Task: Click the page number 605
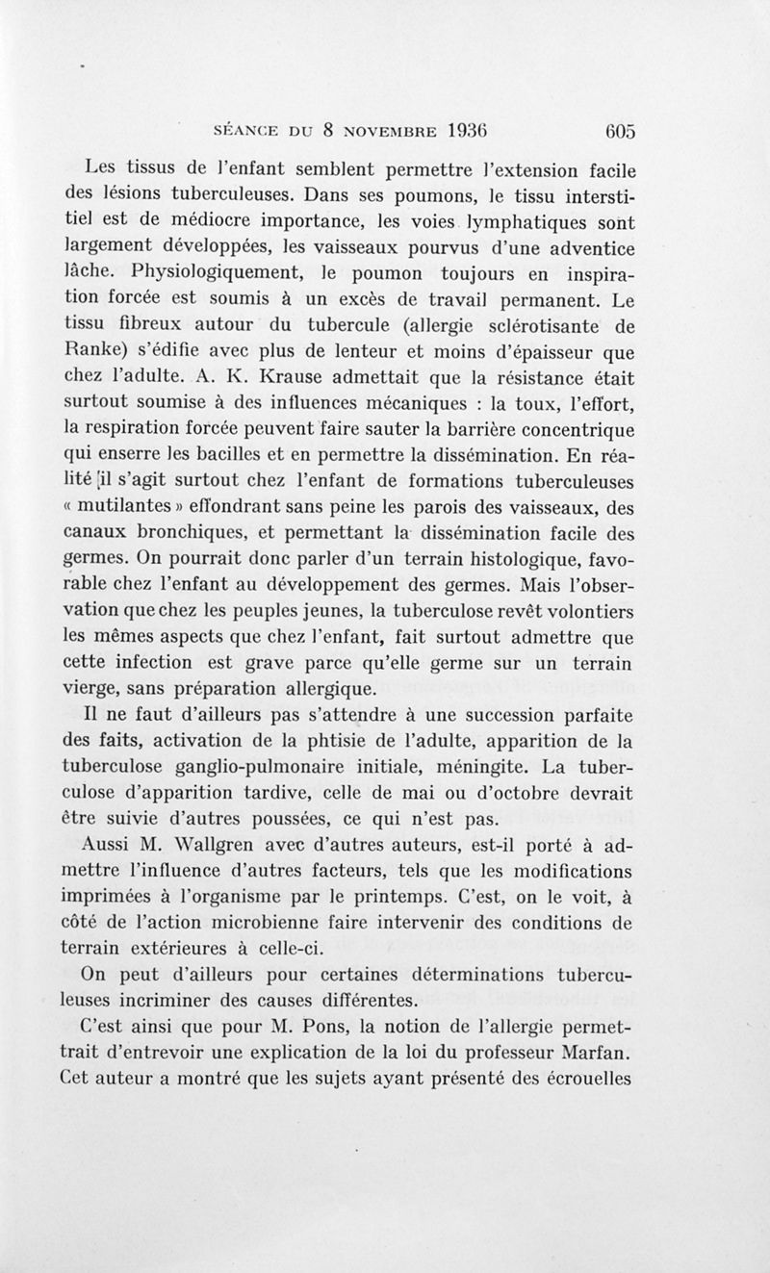pyautogui.click(x=613, y=131)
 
